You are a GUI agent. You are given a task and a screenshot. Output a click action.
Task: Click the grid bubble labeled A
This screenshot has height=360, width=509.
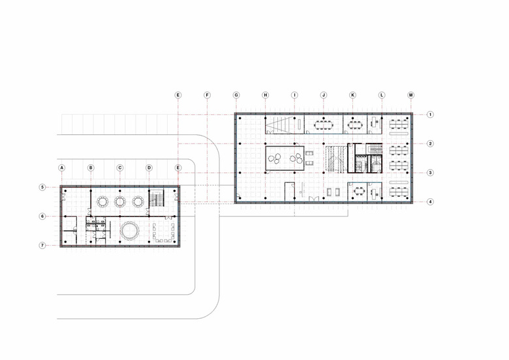62,168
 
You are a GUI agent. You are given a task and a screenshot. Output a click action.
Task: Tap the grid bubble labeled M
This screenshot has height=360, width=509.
411,95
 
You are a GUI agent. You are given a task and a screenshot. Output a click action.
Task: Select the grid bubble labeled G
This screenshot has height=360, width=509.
236,95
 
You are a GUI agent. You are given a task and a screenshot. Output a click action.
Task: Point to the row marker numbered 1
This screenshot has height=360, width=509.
430,115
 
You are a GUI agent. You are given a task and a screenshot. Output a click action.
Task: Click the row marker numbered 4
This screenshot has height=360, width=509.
430,202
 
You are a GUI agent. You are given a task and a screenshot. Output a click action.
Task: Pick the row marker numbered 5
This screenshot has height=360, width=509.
42,187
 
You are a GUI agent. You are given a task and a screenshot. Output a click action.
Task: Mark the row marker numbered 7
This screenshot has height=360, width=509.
42,245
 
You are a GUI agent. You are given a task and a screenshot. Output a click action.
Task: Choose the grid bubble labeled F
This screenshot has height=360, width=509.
207,95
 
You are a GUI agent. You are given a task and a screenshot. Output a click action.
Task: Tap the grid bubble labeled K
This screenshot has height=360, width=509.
352,95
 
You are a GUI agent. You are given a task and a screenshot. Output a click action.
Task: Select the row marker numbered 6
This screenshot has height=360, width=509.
42,217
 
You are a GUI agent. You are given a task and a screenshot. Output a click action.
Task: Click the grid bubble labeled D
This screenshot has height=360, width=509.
149,168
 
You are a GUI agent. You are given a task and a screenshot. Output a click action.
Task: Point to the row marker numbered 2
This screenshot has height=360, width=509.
430,143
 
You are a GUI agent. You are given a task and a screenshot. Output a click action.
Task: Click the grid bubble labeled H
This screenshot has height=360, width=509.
266,95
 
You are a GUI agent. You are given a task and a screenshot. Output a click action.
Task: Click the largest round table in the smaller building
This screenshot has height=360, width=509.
129,231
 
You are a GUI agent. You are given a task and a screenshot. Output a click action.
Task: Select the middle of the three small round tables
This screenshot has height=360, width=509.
120,202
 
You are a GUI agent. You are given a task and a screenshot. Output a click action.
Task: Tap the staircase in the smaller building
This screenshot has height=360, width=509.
157,198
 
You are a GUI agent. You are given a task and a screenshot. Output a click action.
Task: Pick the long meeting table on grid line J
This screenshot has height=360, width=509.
324,124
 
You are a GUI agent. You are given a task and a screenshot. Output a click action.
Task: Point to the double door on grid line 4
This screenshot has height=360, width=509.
314,199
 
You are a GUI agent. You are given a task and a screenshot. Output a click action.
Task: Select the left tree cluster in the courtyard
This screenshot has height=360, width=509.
275,158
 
